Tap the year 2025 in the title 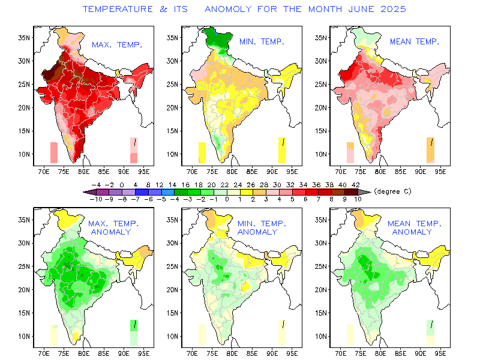click(x=391, y=10)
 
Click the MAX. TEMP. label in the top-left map click(x=116, y=44)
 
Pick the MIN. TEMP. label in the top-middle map click(x=261, y=41)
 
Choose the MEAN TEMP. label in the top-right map click(x=415, y=41)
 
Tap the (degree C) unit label click(x=393, y=191)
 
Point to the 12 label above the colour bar click(x=160, y=185)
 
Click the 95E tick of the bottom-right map click(x=441, y=353)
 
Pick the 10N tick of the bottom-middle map click(x=171, y=336)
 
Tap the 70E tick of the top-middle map click(x=193, y=170)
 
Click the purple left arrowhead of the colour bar click(x=88, y=192)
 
